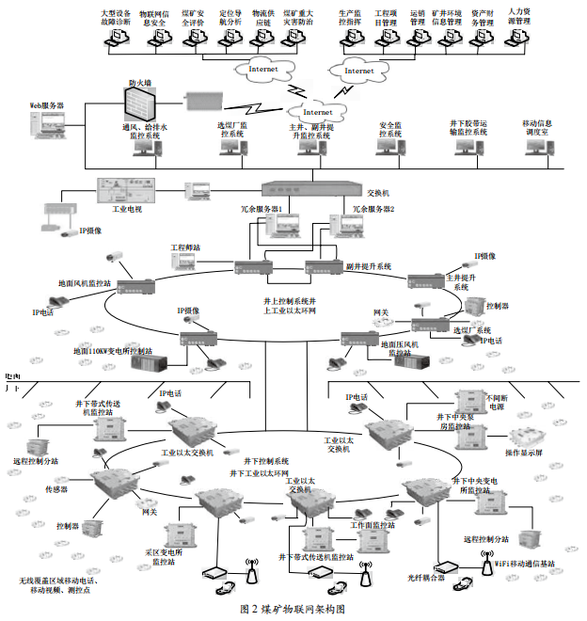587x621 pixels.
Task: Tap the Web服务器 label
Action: coord(47,106)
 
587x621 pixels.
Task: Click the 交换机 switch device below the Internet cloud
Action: coord(305,188)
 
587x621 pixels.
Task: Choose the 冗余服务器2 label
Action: coord(373,209)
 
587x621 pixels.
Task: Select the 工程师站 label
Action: coord(186,247)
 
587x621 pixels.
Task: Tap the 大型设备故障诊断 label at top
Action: coord(117,20)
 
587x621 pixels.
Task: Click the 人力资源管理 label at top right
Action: coord(516,17)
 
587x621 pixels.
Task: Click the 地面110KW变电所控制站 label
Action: coord(121,351)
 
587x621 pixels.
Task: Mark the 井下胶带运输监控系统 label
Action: coord(468,128)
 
